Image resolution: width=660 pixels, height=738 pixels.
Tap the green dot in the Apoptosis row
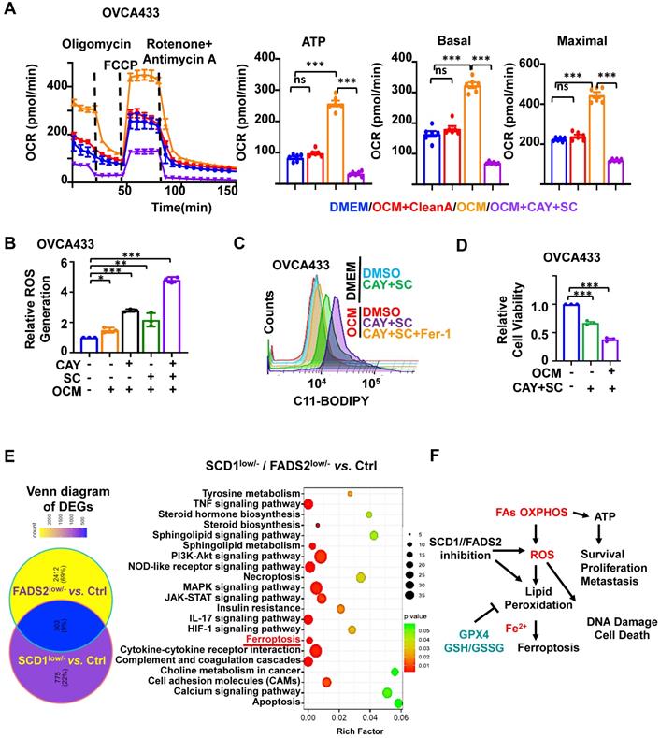tap(398, 703)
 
